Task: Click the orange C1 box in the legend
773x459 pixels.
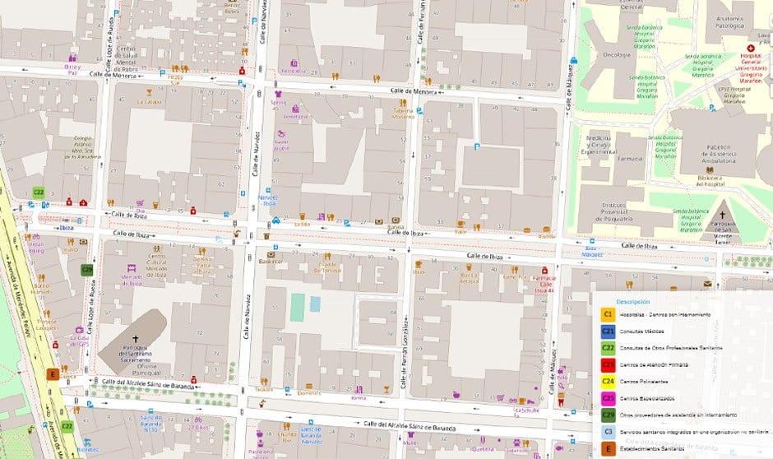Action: click(609, 314)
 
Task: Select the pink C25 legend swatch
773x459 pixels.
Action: click(609, 398)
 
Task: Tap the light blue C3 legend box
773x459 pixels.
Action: click(609, 432)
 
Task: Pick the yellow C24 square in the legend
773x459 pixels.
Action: click(609, 382)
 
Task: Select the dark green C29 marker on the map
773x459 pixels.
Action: click(87, 269)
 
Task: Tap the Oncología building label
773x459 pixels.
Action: click(616, 56)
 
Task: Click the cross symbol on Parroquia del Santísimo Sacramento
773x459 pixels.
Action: click(137, 339)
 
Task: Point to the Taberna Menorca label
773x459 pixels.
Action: click(403, 114)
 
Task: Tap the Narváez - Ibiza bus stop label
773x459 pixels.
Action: click(269, 200)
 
